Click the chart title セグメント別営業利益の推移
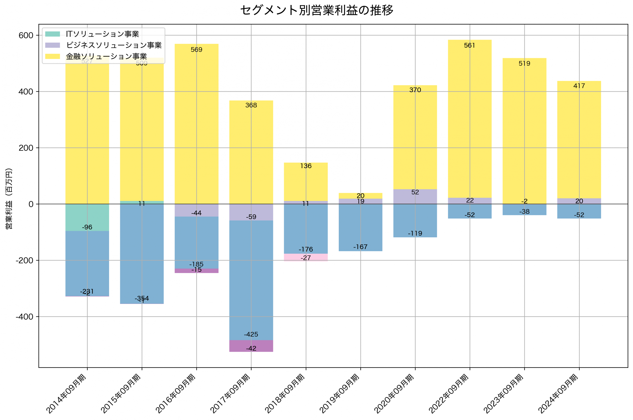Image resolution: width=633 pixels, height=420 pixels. point(316,10)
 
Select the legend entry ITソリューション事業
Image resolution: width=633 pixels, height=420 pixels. point(102,34)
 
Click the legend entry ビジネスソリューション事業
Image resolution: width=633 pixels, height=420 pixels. point(114,45)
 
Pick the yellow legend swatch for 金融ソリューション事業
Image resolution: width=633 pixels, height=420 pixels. point(52,56)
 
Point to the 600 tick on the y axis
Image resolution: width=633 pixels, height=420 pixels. point(26,35)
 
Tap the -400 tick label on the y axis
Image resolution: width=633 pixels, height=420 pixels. point(24,317)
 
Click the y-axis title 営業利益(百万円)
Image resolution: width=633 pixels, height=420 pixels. point(9,198)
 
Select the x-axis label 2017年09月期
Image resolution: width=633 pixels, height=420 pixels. point(230,393)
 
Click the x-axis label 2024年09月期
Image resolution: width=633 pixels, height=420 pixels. point(558,393)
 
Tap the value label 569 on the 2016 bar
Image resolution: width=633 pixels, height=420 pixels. point(196,49)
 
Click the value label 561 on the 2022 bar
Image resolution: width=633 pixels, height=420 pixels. point(470,45)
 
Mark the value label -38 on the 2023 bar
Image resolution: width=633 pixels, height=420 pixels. point(524,212)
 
